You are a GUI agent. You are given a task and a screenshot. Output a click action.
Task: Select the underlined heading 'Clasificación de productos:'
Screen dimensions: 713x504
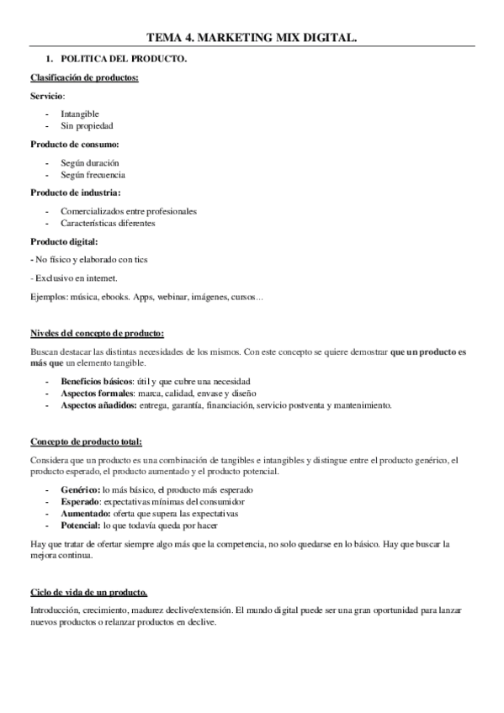point(85,79)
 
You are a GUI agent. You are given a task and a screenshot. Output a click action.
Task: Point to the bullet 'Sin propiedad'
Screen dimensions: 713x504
point(88,125)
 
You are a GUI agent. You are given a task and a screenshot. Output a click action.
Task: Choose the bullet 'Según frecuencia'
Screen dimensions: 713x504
point(93,175)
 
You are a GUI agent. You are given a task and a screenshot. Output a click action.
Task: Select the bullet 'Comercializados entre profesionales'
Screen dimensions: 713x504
point(135,211)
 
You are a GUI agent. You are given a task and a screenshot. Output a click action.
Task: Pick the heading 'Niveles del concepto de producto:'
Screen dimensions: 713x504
point(97,333)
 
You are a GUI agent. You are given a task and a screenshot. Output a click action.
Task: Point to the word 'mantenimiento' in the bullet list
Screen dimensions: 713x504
point(363,405)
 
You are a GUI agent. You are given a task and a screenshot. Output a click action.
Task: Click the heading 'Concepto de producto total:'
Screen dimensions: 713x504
point(86,442)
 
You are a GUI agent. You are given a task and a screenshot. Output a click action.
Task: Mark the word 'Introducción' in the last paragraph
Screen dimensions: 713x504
point(56,610)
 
